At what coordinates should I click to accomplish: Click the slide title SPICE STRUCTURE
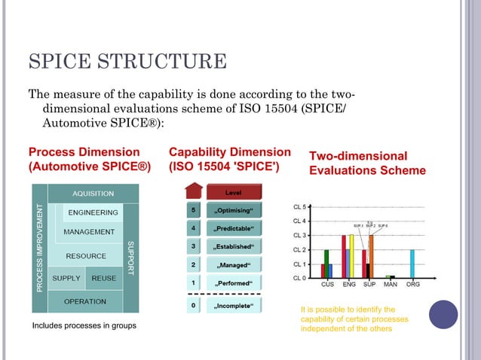coord(127,62)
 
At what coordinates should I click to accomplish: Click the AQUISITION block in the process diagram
coord(88,194)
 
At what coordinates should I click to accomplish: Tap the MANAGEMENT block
coord(89,232)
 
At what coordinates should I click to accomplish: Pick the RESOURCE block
coord(86,256)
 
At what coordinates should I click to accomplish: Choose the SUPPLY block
coord(66,279)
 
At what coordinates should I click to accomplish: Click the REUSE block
coord(103,279)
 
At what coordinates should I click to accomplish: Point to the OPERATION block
coord(84,301)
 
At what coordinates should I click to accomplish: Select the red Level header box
coord(233,192)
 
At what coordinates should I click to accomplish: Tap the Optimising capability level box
coord(234,209)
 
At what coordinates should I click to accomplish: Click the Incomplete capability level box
coord(234,306)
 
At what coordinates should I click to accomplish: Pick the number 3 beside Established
coord(195,246)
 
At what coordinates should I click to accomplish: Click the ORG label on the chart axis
coord(412,285)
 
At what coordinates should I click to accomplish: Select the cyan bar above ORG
coord(412,264)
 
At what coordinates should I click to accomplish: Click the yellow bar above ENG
coord(351,256)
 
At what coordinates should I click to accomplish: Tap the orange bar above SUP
coord(371,256)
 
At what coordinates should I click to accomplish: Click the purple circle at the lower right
coord(443,314)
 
